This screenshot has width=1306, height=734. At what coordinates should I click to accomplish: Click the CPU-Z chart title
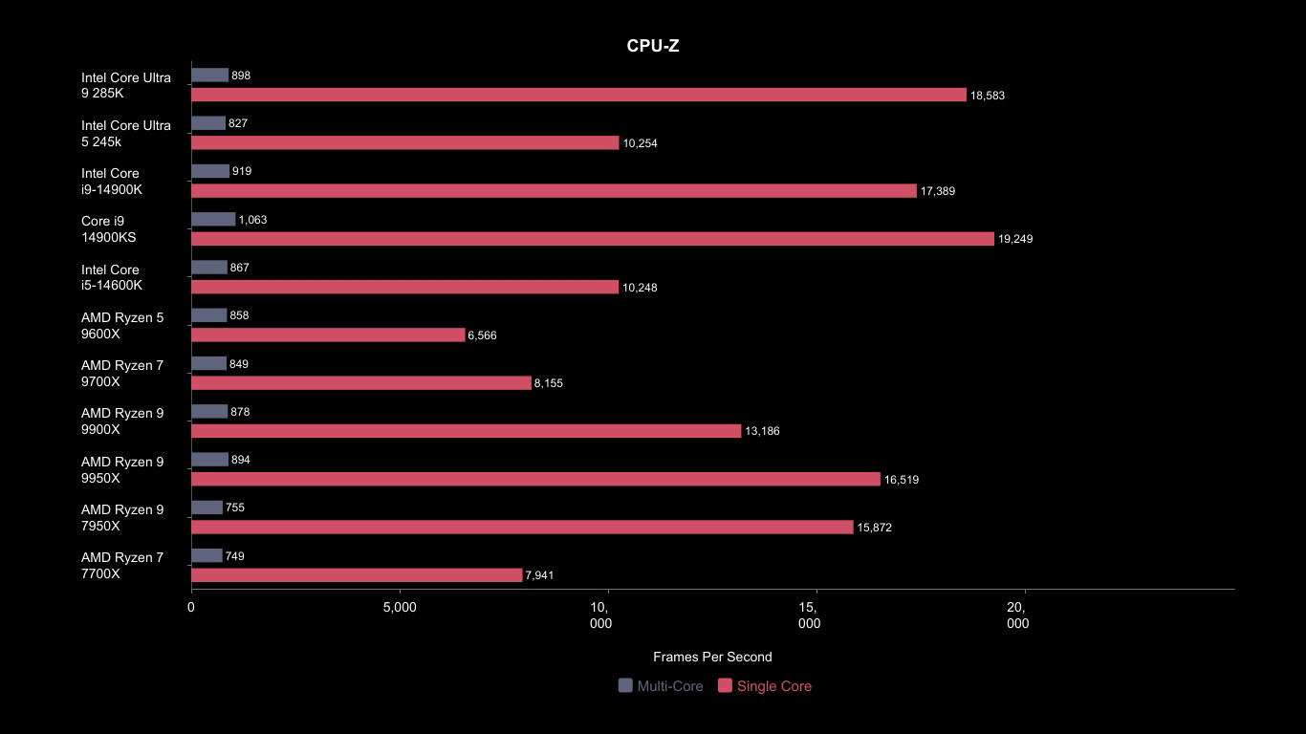point(653,46)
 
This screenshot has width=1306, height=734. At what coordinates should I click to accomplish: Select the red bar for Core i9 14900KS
point(593,239)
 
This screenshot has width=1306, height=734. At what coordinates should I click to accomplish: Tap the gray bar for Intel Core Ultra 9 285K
point(210,76)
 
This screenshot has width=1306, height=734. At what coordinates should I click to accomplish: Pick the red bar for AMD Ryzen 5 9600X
point(328,335)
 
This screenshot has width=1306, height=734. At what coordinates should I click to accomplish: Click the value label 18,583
point(988,96)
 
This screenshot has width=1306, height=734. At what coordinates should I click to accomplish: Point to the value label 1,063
point(252,220)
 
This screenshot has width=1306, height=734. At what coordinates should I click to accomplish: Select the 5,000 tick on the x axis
point(400,607)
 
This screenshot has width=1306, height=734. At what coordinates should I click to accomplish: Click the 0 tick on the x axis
point(191,607)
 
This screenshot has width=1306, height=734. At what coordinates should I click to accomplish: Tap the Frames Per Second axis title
point(712,657)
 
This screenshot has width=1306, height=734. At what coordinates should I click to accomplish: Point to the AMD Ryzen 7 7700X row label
point(122,566)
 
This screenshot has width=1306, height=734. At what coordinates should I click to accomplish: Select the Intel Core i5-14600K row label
point(112,277)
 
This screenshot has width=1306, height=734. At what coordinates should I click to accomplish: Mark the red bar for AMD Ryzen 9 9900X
point(467,431)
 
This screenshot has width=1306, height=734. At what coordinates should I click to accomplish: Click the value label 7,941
point(539,575)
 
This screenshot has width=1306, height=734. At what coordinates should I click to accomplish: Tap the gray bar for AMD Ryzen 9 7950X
point(207,507)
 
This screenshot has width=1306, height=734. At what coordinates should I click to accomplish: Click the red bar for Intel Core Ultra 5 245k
point(405,142)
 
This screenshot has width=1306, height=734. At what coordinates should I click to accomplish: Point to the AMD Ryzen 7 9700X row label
point(122,374)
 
